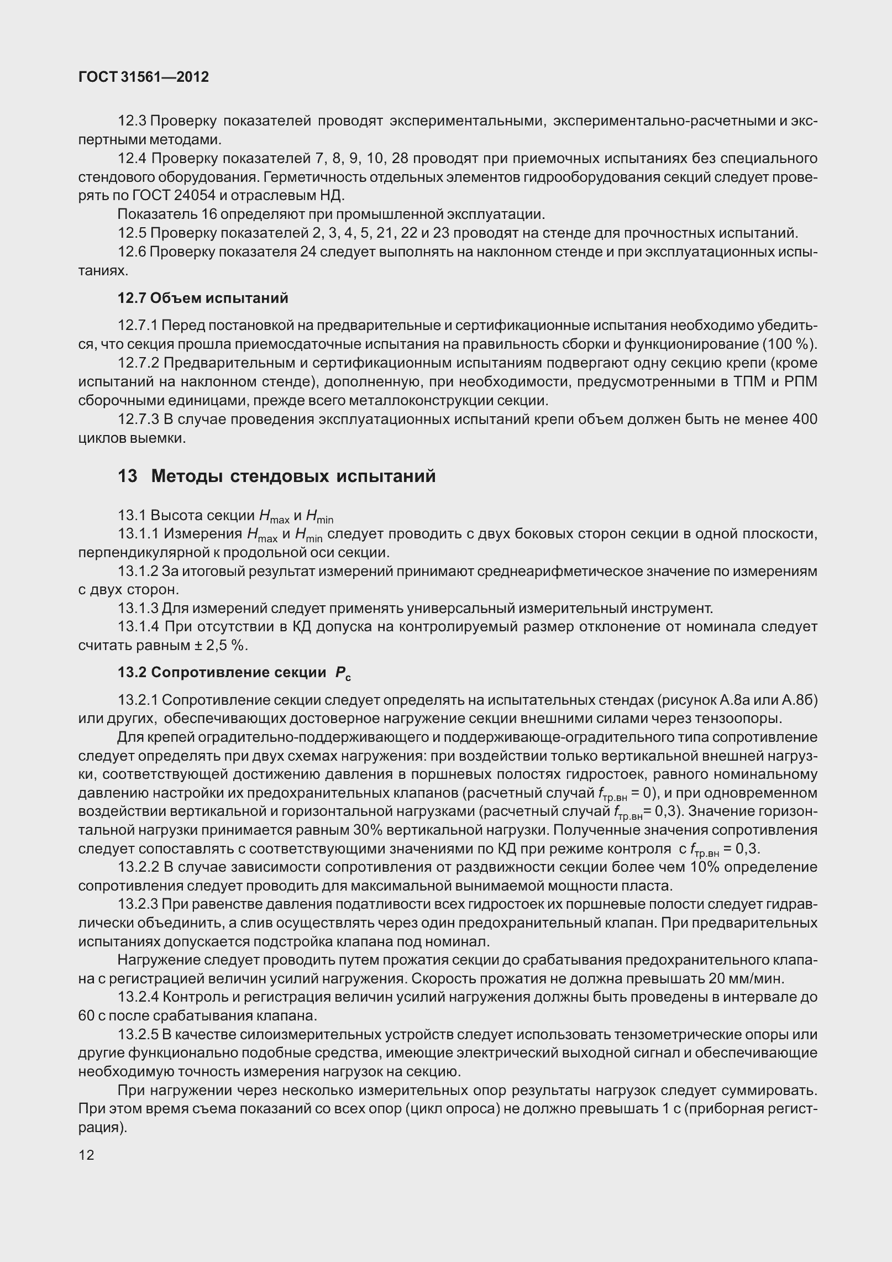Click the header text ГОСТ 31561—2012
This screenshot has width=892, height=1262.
pos(144,77)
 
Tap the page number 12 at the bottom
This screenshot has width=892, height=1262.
pos(86,1154)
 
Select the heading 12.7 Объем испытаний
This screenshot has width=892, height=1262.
pos(203,299)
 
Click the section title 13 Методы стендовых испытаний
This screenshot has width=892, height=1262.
pos(276,476)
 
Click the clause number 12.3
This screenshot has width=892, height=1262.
pos(132,121)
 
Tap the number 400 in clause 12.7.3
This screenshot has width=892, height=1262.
pos(805,420)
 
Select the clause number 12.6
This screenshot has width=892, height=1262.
pos(132,252)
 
